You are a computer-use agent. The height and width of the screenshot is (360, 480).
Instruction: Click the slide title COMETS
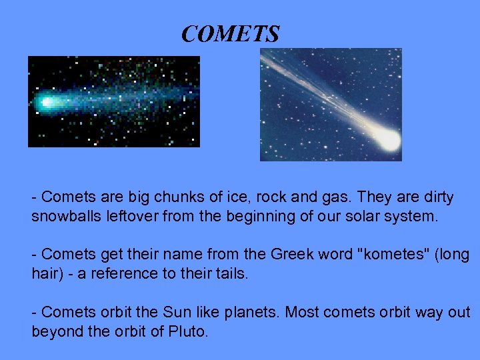230,34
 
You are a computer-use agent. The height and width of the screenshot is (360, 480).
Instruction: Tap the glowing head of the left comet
47,103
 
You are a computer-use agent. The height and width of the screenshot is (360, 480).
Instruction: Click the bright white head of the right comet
387,139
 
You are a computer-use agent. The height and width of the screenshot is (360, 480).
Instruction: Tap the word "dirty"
435,198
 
